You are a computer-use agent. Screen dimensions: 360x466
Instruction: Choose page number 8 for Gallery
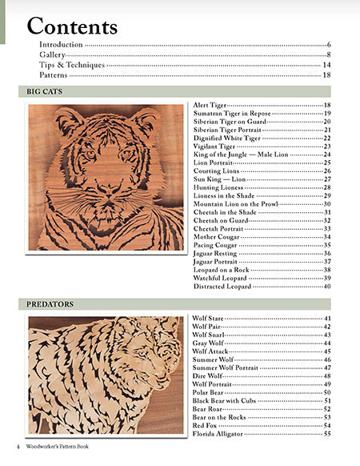pyautogui.click(x=329, y=54)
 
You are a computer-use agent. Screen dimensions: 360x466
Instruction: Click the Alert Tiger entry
pyautogui.click(x=210, y=106)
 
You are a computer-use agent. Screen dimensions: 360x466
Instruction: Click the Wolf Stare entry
pyautogui.click(x=209, y=319)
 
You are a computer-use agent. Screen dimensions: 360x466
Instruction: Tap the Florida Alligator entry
pyautogui.click(x=221, y=433)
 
